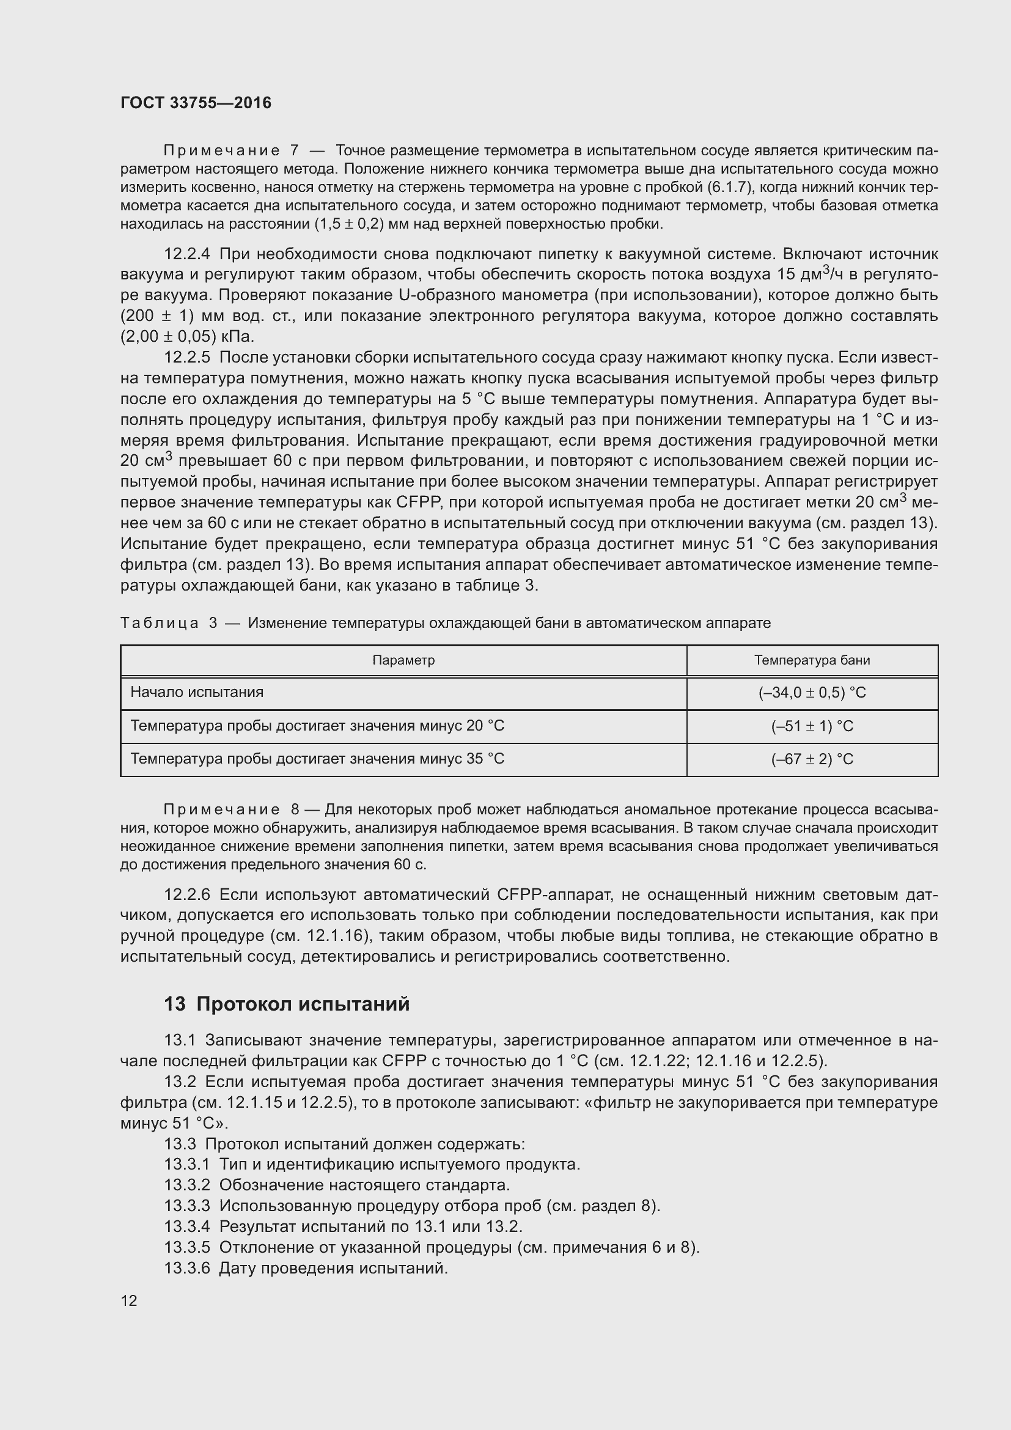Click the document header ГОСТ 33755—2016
pos(196,103)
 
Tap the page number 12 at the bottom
pos(129,1300)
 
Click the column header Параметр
pos(403,660)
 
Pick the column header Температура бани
pos(812,660)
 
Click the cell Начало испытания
pos(197,692)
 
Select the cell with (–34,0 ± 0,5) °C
pos(812,693)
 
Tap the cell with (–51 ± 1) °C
pos(812,726)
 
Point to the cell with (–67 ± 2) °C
pos(812,759)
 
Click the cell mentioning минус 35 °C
pos(317,759)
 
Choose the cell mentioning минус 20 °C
pos(317,726)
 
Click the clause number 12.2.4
pos(187,254)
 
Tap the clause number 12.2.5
pos(187,358)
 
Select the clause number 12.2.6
pos(187,894)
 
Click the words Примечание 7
pos(230,151)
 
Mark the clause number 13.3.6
pos(187,1268)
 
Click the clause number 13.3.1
pos(187,1164)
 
